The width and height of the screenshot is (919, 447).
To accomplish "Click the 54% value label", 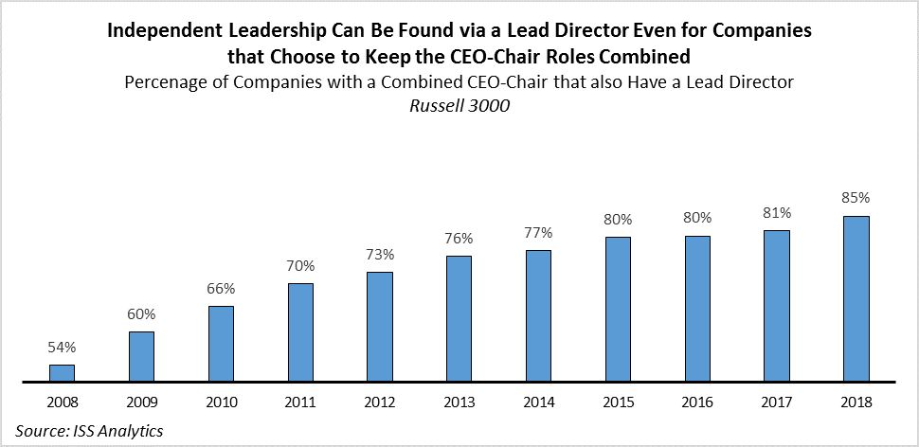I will pos(62,349).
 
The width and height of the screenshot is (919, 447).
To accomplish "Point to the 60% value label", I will pos(141,314).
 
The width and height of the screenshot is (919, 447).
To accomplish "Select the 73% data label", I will pos(380,255).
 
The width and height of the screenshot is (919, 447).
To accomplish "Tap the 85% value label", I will pos(856,199).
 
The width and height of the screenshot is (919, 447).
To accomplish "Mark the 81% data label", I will pos(777,213).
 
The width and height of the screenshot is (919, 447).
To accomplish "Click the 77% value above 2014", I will pos(538,233).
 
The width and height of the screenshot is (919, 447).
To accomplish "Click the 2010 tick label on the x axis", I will pos(221,402).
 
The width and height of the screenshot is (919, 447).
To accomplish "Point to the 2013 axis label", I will pos(459,402).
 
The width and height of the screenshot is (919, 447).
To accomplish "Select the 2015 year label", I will pos(618,402).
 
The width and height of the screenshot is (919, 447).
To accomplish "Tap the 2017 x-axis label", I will pos(777,402).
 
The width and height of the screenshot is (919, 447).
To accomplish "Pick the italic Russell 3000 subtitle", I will pos(459,106).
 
